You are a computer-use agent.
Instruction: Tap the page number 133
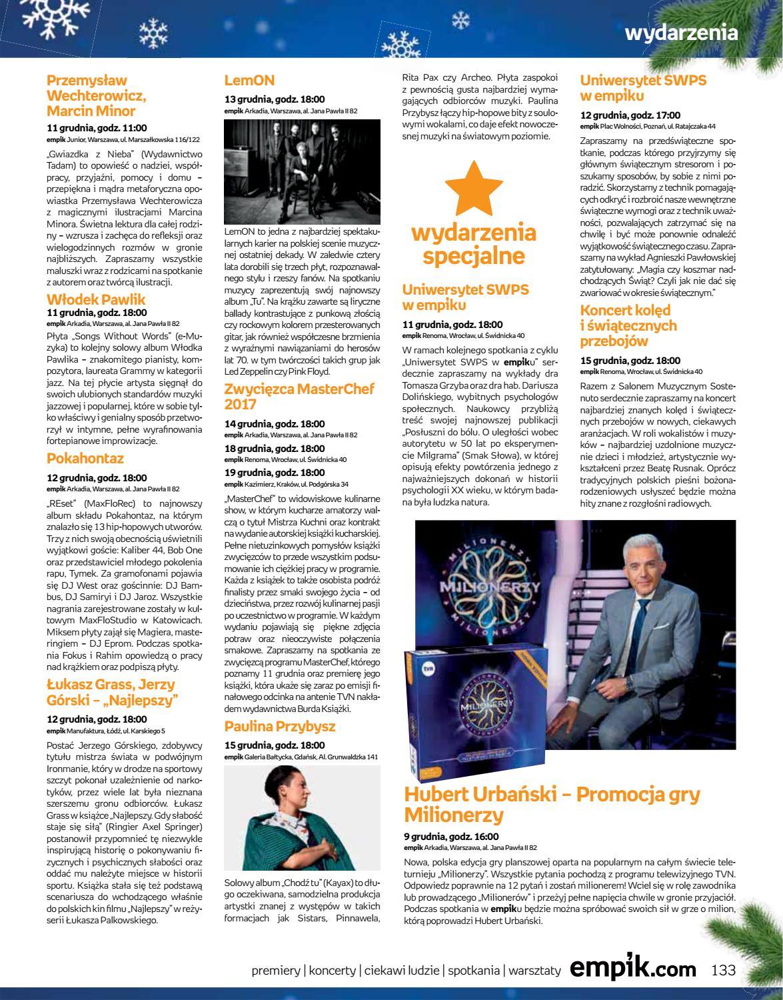click(x=723, y=969)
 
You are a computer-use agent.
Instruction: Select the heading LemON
click(x=249, y=81)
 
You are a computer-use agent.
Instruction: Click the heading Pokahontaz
click(x=85, y=459)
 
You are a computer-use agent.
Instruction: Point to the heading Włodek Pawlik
click(x=96, y=300)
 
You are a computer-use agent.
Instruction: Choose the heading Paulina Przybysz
click(x=280, y=726)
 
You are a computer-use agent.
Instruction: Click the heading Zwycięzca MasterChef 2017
click(x=299, y=396)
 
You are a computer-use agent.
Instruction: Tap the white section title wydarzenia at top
click(x=681, y=33)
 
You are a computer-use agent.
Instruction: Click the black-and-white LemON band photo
click(x=302, y=171)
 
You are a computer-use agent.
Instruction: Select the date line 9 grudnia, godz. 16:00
click(x=451, y=837)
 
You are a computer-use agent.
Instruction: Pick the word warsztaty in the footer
click(x=534, y=971)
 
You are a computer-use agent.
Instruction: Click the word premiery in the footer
click(x=276, y=971)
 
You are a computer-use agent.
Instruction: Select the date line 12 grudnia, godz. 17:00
click(x=630, y=115)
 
